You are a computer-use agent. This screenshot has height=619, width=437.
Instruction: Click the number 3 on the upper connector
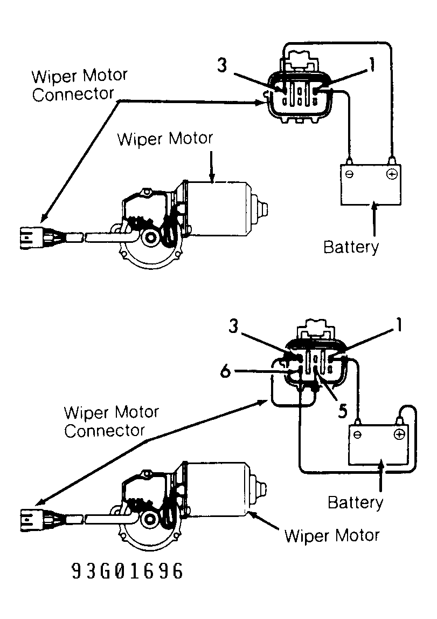click(x=222, y=65)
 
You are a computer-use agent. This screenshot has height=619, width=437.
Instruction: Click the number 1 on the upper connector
click(x=371, y=65)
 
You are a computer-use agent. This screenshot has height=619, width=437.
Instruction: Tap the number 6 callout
click(x=225, y=371)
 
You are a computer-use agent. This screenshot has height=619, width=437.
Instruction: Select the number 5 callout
click(x=343, y=411)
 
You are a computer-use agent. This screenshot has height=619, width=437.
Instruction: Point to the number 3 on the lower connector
click(x=234, y=326)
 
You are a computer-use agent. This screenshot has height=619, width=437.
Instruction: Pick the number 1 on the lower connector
click(x=399, y=325)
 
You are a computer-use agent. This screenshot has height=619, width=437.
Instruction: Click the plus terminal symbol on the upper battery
click(x=392, y=174)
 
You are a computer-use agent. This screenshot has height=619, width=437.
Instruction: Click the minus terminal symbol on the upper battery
click(x=349, y=174)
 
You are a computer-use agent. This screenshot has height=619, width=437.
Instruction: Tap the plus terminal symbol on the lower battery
click(x=399, y=434)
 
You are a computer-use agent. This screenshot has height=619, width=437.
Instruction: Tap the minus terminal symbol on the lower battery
click(x=357, y=434)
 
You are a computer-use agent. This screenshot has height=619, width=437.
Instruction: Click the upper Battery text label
click(x=351, y=247)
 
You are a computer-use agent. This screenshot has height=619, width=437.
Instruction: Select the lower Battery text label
click(x=355, y=502)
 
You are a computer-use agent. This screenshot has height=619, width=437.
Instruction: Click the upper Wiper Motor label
click(x=165, y=139)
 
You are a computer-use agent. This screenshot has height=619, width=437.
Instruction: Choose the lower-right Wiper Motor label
click(x=332, y=536)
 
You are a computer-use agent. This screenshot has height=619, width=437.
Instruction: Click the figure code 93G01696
click(x=127, y=571)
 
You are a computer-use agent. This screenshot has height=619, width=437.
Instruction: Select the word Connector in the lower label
click(x=105, y=431)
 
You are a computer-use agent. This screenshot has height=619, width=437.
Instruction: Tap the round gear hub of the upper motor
click(x=150, y=237)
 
